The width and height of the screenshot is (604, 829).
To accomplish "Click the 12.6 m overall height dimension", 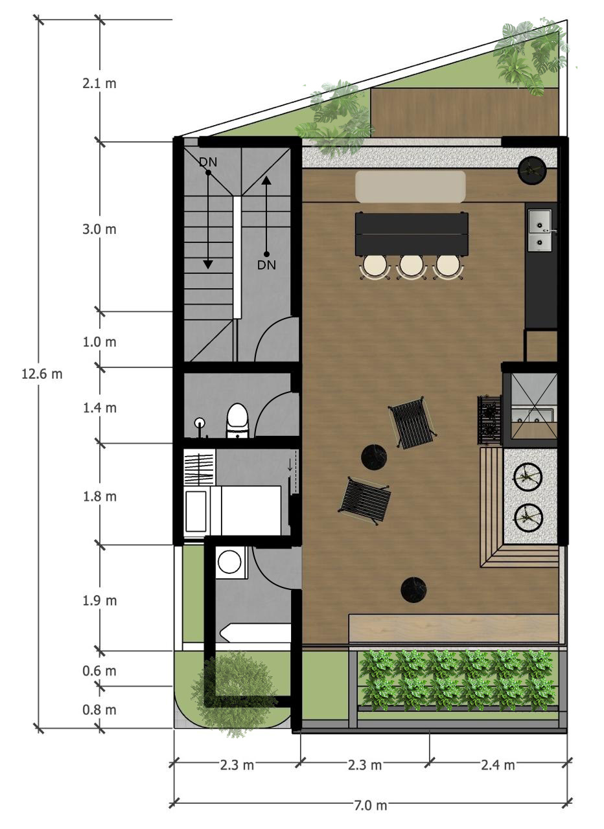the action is pos(42,374).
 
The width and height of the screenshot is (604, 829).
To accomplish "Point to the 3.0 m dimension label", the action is pos(99,229).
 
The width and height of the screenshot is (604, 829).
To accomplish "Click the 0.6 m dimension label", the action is pos(99,670).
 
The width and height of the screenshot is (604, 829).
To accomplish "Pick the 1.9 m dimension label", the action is pos(99,600).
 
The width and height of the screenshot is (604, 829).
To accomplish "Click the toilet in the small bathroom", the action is pos(237,420).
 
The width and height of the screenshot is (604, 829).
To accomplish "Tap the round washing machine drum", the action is pos(229,562).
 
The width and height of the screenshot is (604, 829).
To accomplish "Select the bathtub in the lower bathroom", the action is pos(255,633).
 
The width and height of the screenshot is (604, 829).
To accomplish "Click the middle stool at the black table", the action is pos(411,267).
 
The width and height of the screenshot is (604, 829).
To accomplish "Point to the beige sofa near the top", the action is pos(410,187).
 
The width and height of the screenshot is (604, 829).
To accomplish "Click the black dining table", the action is pos(412,234).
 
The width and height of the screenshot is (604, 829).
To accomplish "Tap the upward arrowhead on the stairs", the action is pos(266,180).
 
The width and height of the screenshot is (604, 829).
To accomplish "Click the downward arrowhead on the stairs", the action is pos(208,264).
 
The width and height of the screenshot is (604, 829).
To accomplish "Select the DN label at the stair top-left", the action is pos(208,162).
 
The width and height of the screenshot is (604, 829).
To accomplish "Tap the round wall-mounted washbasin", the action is pos(200,422).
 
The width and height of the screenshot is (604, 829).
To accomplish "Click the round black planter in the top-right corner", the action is pos(532,170).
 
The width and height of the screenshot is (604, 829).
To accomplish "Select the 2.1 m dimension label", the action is pos(99,84).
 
